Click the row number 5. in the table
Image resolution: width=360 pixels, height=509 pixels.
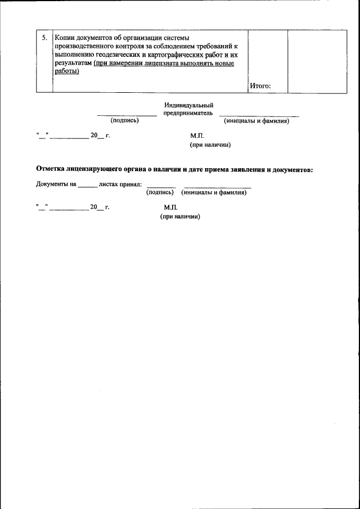[x=44, y=38]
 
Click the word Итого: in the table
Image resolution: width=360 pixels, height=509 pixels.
[x=260, y=85]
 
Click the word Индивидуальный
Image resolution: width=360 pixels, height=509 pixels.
[x=188, y=105]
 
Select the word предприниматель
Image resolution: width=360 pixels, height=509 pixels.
[x=188, y=113]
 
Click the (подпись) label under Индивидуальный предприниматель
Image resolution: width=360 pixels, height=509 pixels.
[x=125, y=120]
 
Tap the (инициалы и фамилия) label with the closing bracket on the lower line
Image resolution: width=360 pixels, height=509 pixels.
[x=256, y=120]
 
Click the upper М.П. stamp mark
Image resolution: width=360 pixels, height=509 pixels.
[x=197, y=136]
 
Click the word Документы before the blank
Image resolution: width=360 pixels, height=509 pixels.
[x=52, y=184]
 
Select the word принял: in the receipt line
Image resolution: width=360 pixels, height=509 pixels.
[x=129, y=184]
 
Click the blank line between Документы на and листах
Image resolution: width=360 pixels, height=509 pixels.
[x=87, y=186]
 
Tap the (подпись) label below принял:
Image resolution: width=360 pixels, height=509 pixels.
[x=160, y=192]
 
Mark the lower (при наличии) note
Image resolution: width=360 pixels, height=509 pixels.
[x=181, y=217]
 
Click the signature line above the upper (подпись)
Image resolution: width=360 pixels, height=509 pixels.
[x=127, y=115]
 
